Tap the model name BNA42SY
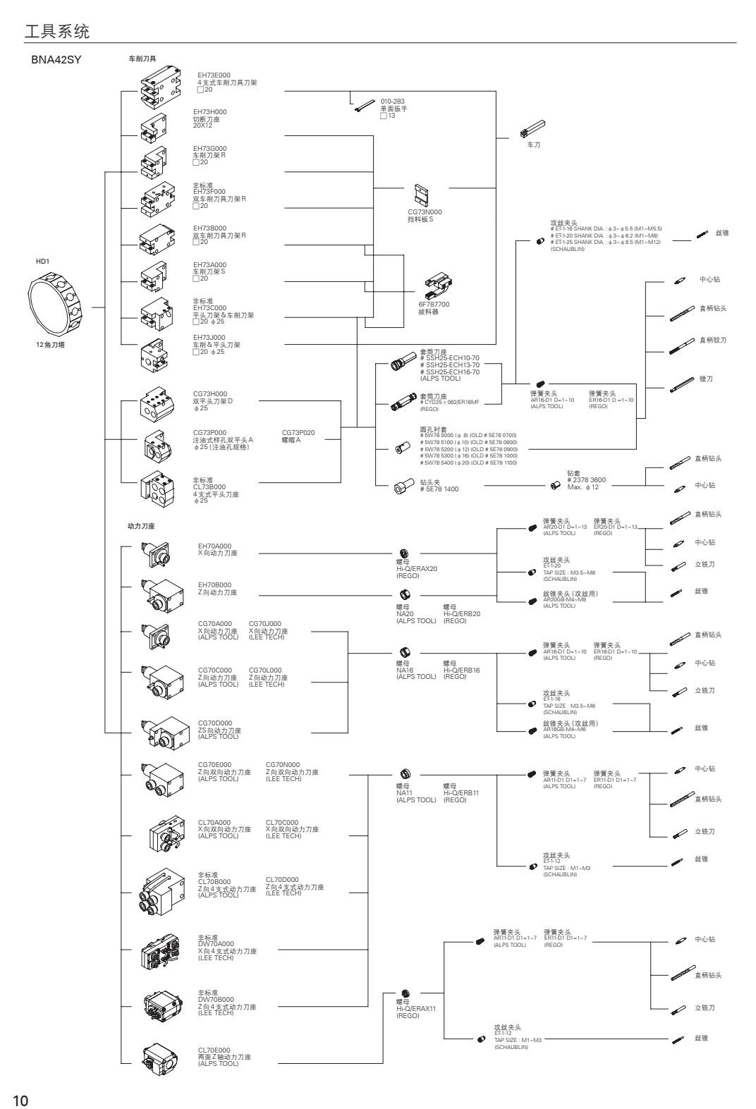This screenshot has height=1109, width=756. (53, 59)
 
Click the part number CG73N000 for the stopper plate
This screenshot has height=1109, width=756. (425, 212)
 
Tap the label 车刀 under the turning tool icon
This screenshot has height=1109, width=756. (534, 145)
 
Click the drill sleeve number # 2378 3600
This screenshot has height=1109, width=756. (586, 480)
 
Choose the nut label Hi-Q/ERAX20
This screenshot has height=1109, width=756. (417, 568)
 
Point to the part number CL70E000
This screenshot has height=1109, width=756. (214, 1050)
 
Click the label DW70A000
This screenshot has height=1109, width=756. (216, 943)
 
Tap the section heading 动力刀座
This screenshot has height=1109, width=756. (140, 525)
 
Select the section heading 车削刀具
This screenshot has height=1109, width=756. (142, 59)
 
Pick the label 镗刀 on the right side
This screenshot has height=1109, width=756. (705, 379)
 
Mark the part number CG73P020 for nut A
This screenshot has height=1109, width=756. (298, 433)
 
